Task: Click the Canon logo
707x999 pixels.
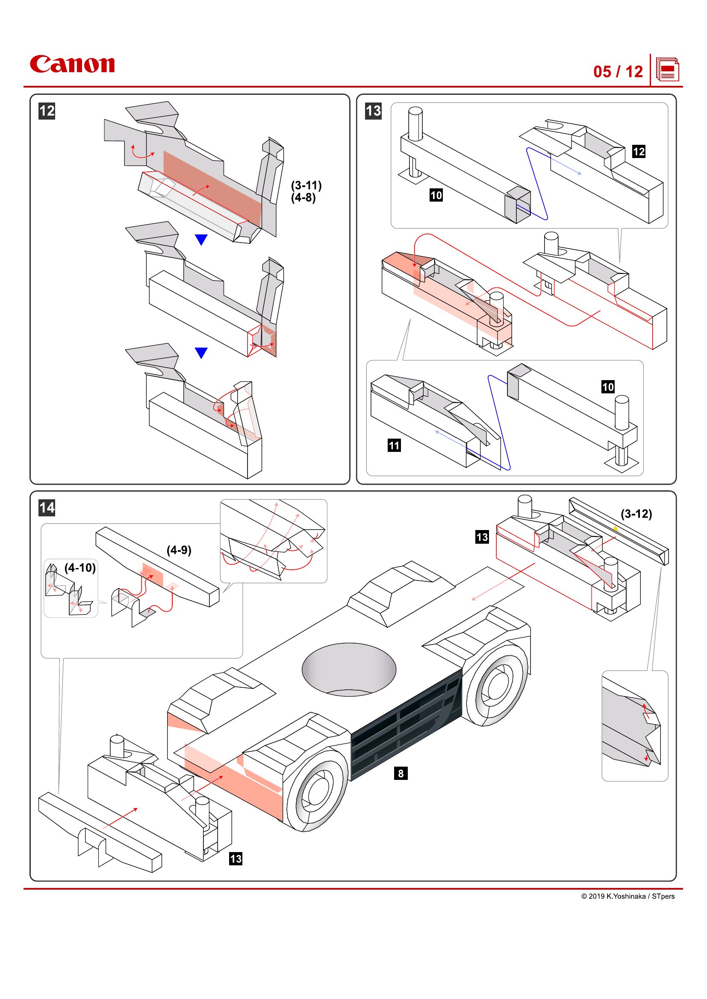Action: tap(72, 64)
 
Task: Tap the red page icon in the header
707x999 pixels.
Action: tap(667, 70)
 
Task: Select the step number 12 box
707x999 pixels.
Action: tap(47, 111)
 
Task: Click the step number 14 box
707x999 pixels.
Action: tap(47, 507)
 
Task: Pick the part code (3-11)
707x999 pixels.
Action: tap(306, 185)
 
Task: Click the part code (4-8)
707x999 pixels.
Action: tap(303, 198)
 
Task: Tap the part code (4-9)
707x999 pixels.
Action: tap(179, 550)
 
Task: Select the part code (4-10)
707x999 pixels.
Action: tap(80, 567)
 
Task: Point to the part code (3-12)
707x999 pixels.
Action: tap(636, 514)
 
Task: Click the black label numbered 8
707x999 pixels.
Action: tap(401, 773)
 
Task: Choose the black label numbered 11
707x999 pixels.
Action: tap(394, 445)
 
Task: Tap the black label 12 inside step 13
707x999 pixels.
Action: tap(638, 152)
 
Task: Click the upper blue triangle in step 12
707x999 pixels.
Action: tap(201, 239)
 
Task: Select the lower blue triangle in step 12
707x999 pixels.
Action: tap(201, 352)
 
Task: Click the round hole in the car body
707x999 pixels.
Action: tap(349, 669)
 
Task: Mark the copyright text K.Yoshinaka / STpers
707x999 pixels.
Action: tap(627, 896)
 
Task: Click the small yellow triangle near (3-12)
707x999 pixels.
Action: tap(616, 528)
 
